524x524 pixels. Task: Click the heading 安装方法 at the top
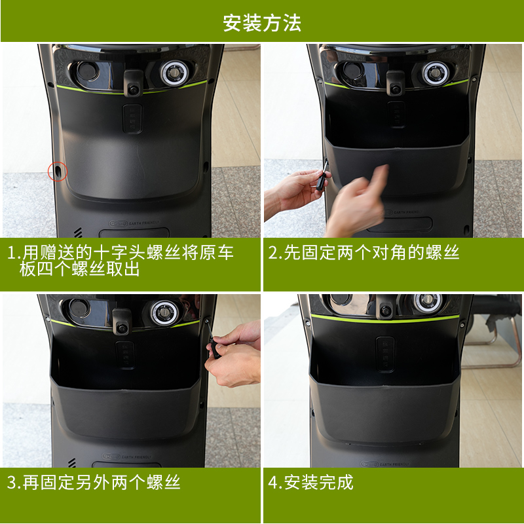(262, 23)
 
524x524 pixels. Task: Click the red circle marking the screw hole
(58, 172)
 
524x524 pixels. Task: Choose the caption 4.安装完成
(311, 483)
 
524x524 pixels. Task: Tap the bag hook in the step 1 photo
(133, 83)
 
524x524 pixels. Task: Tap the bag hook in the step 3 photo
(121, 322)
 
